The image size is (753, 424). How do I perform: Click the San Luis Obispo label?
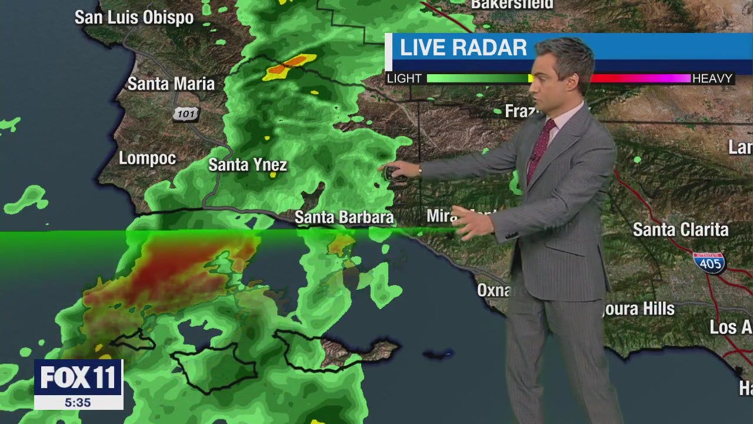tap(134, 18)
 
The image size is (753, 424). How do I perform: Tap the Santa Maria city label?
tap(171, 84)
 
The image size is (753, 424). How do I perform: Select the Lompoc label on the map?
tap(147, 158)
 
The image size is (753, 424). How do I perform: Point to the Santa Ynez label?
tap(248, 165)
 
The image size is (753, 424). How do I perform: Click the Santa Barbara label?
tap(344, 217)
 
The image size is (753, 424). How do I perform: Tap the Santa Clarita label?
tap(681, 229)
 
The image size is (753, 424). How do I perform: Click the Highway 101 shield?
tap(185, 113)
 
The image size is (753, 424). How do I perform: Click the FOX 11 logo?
tap(78, 377)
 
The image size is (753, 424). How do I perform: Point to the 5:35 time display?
tap(78, 402)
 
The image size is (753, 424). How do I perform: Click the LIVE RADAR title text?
tap(463, 48)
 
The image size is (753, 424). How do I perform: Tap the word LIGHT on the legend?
tap(404, 78)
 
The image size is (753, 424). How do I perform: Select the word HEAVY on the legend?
tap(712, 78)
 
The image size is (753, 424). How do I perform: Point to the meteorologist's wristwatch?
tap(419, 171)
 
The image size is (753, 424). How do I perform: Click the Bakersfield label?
tap(512, 4)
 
